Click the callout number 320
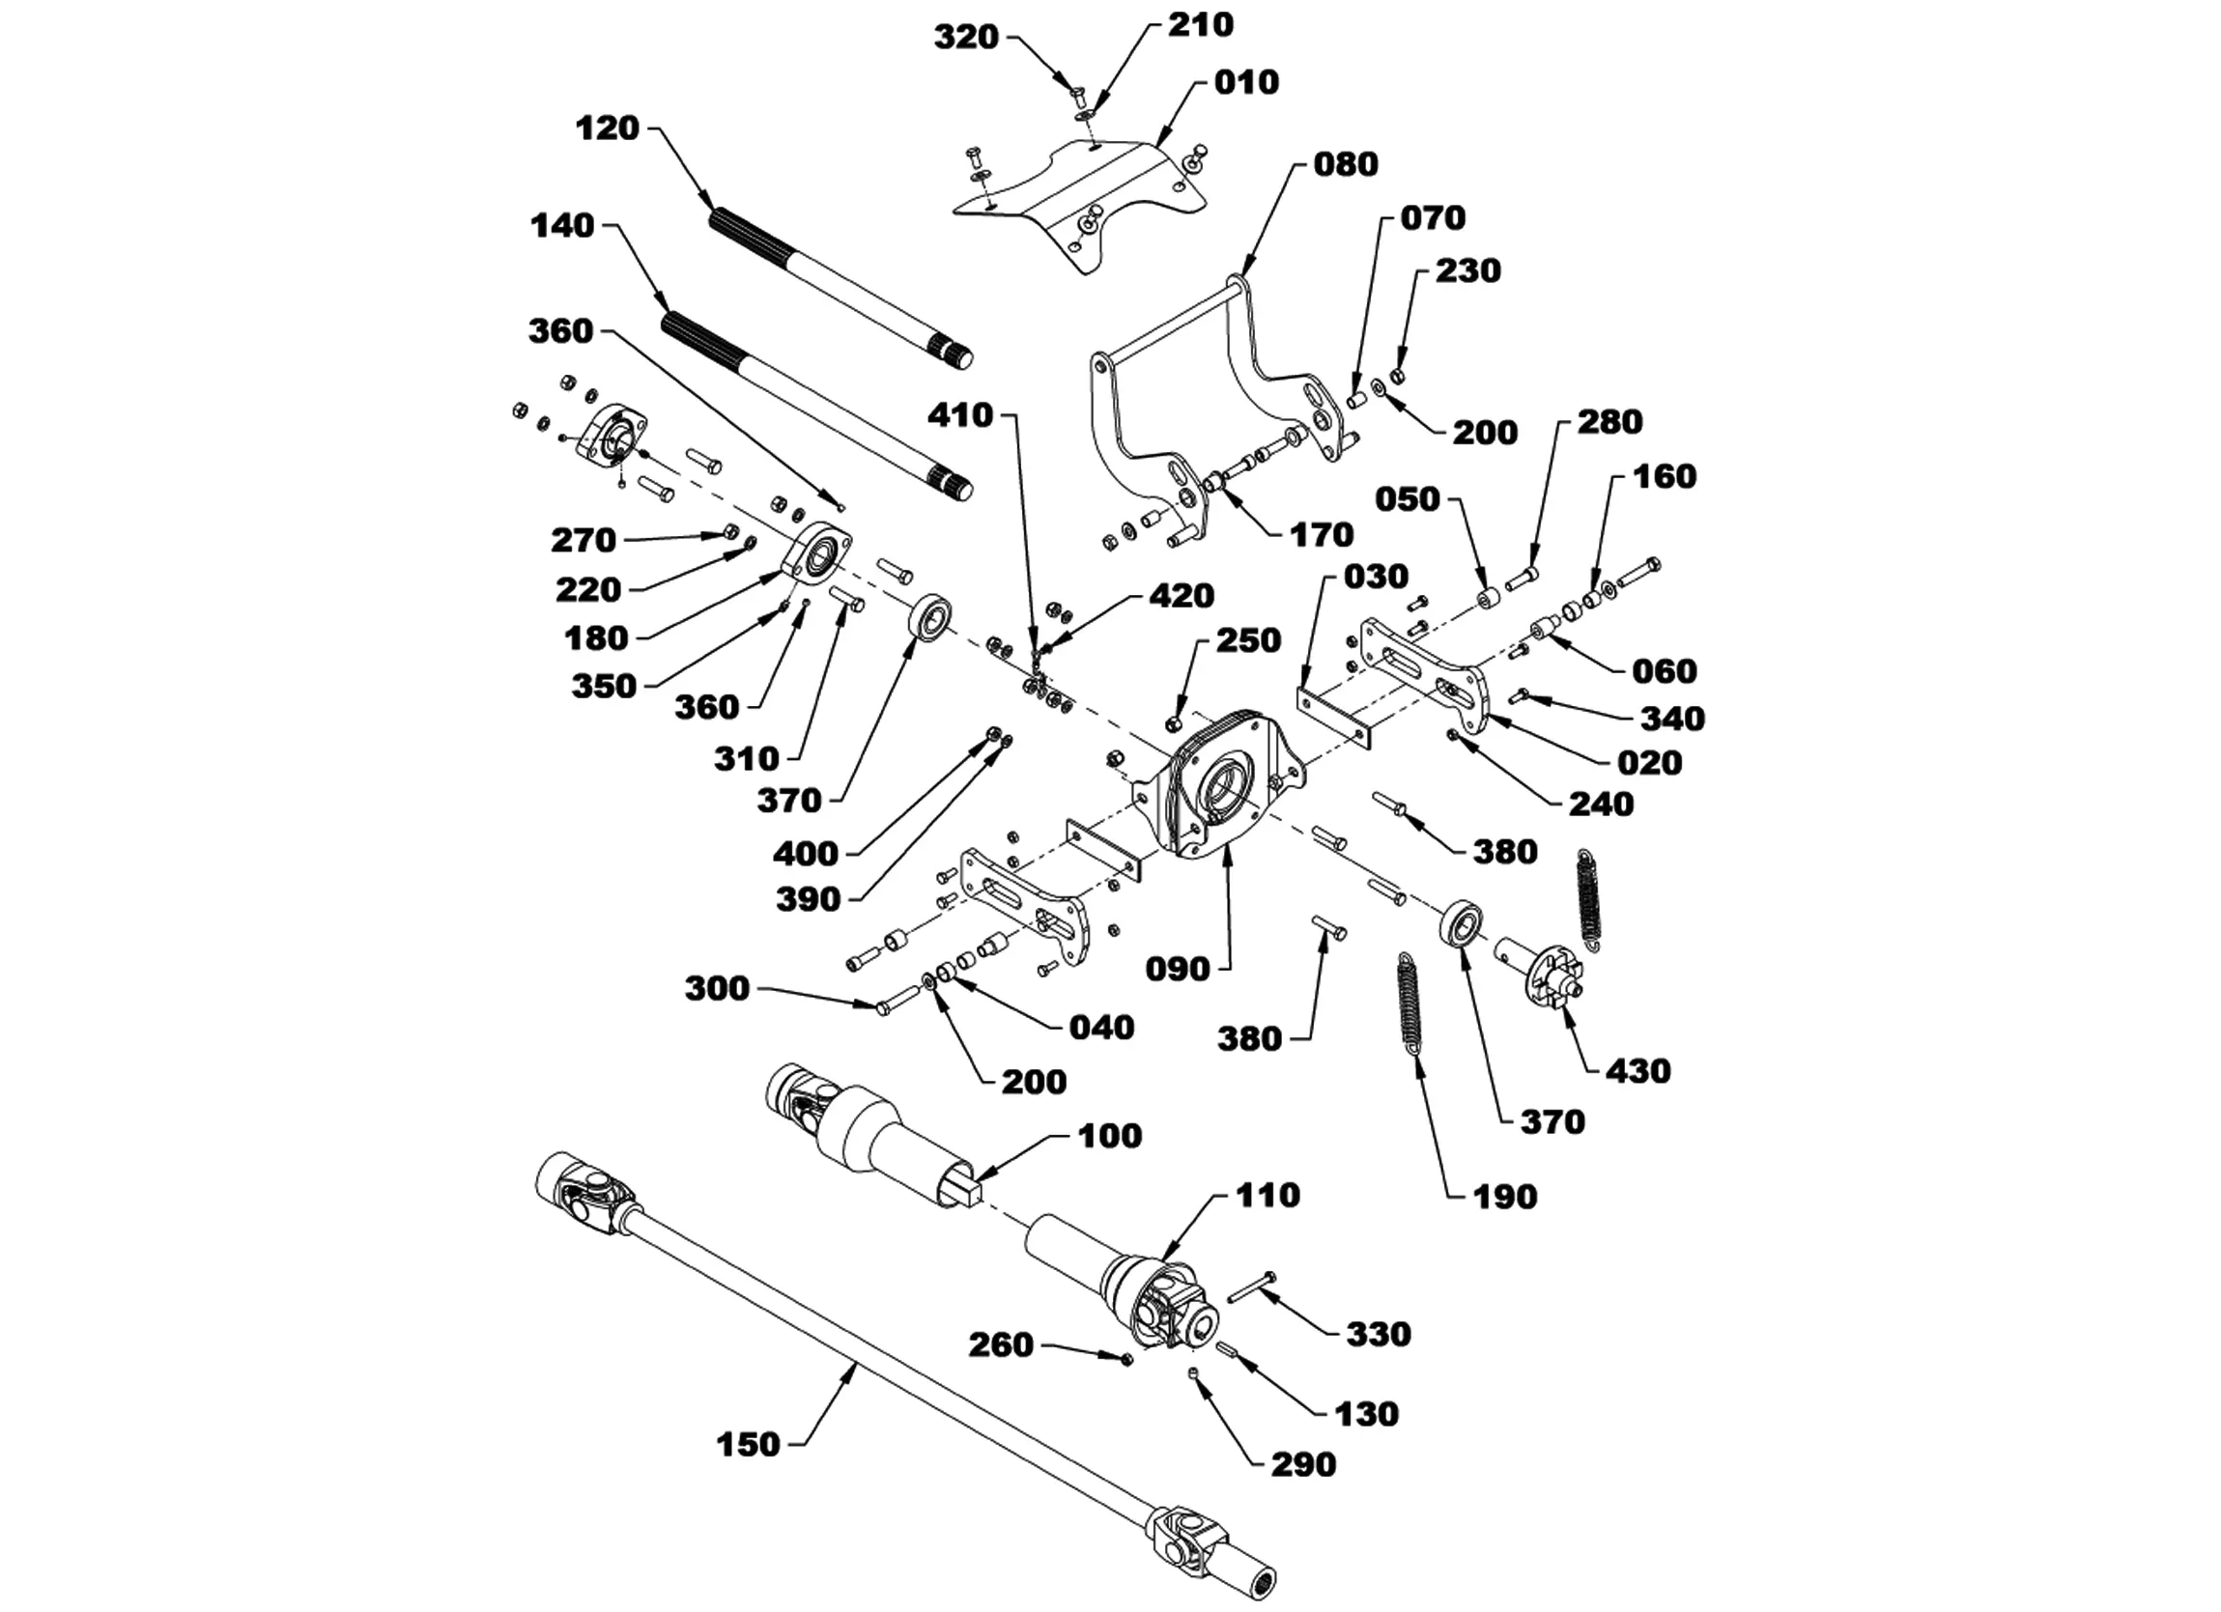965,38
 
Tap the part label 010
1246,82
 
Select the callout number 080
1346,163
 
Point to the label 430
1638,1070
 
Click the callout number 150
748,1445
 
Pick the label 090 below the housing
1178,970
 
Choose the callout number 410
960,415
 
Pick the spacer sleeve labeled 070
1355,400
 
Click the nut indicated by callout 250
1172,722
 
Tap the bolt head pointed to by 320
1074,95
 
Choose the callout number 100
1109,1136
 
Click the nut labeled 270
729,532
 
